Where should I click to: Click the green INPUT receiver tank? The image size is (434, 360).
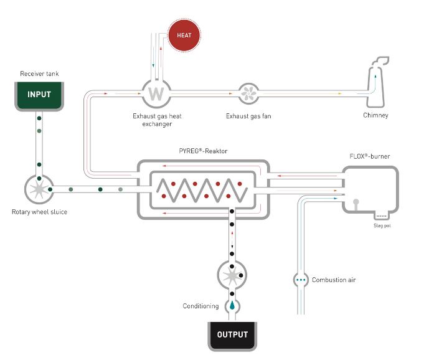point(39,95)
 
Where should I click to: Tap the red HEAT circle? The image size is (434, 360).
point(184,36)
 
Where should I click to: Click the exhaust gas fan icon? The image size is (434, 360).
point(249,95)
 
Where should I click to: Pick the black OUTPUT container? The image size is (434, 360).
point(232,334)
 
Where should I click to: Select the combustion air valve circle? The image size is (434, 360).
point(301,280)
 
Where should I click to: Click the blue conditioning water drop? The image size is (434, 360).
point(232,306)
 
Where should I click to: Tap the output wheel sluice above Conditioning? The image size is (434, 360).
point(232,274)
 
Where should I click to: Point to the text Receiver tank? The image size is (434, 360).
point(39,74)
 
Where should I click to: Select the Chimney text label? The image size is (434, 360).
point(375,115)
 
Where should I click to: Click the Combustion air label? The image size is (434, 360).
point(334,280)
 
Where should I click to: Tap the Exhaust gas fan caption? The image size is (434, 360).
point(248,116)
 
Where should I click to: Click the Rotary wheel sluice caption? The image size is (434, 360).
point(39,212)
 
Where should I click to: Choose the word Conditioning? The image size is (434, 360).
point(200,306)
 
